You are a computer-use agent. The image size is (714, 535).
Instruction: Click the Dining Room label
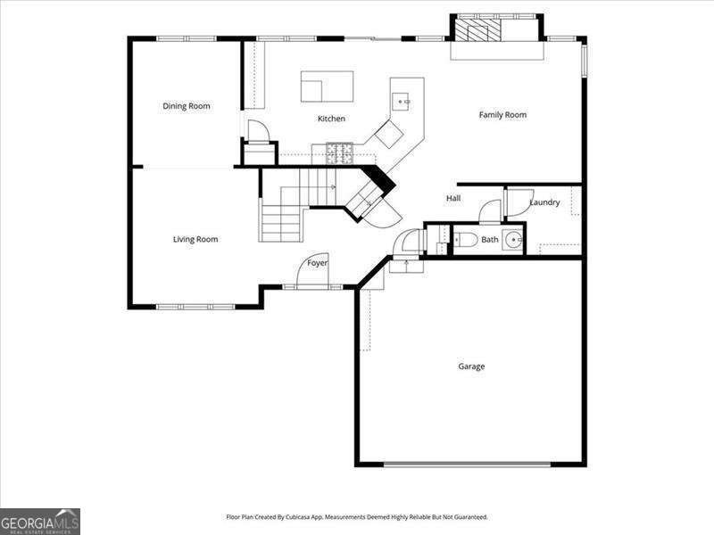tap(187, 106)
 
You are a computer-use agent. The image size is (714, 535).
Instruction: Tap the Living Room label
tap(195, 239)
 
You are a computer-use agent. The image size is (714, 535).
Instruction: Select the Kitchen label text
tap(331, 119)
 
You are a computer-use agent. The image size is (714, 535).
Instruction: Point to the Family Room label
tap(502, 114)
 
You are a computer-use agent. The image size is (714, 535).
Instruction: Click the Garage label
tap(471, 366)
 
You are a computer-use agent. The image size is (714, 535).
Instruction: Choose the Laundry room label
tap(544, 202)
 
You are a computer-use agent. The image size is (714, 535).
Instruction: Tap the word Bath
tap(490, 240)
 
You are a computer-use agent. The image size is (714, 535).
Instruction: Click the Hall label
tap(453, 198)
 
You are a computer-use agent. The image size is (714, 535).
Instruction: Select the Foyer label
tap(317, 263)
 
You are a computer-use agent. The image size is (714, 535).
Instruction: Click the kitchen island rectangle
tap(327, 86)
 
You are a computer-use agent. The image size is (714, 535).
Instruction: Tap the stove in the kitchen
tap(339, 153)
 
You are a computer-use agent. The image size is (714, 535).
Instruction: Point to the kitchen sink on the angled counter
tap(403, 102)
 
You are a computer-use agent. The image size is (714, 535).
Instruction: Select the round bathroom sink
tap(513, 240)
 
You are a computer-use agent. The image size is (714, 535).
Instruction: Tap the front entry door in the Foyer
tap(311, 275)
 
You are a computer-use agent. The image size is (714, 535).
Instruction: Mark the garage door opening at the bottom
tap(467, 464)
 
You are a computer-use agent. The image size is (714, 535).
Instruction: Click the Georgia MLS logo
tap(40, 521)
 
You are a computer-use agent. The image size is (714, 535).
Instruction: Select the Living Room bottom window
tap(195, 307)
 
